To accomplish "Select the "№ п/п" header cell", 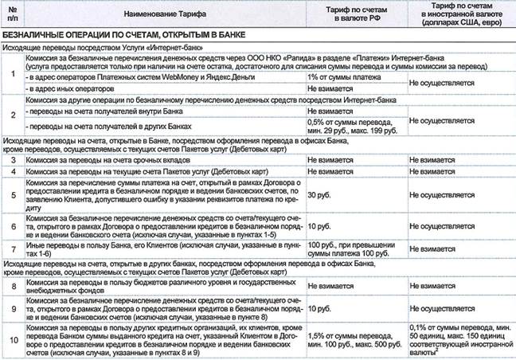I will (12, 14).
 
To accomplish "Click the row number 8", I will (12, 288).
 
